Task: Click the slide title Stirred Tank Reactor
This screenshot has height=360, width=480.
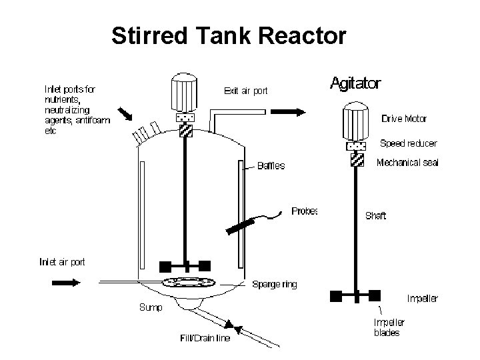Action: coord(229,36)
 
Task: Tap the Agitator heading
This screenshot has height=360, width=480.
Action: coord(356,83)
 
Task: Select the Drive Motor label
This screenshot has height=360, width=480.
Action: coord(404,119)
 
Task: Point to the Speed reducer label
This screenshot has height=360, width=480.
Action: coord(408,143)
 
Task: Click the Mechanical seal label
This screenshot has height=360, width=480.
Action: coord(407,163)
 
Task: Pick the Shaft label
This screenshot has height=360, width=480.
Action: coord(375,215)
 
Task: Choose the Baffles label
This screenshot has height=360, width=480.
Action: coord(271,166)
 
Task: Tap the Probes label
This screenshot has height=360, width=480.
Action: coord(304,211)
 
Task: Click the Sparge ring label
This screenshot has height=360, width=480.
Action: coord(275,285)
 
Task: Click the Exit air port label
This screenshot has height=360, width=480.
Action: coord(246,91)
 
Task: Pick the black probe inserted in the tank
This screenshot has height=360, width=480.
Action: coord(240,225)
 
